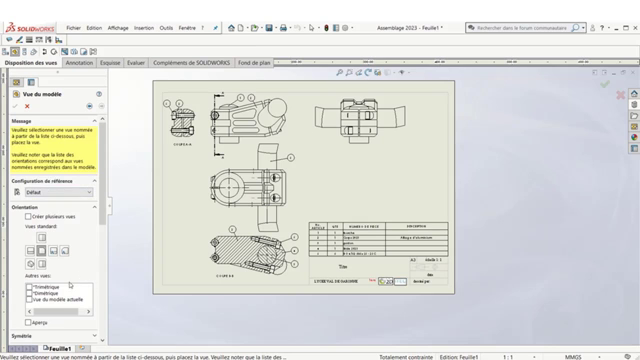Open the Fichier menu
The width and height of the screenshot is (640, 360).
click(74, 28)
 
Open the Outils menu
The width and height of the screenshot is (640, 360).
click(166, 28)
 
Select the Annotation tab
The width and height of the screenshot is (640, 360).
click(79, 62)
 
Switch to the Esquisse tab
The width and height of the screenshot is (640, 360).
click(110, 62)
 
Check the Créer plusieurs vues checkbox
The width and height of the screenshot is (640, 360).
click(28, 216)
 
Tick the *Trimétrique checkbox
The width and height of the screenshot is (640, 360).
click(29, 287)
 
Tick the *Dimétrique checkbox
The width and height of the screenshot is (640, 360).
click(29, 293)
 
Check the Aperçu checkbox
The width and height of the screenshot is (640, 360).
click(28, 322)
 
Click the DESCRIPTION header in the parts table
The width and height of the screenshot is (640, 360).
click(417, 225)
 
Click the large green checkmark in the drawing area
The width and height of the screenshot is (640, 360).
click(604, 85)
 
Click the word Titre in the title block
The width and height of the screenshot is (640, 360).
click(344, 266)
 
